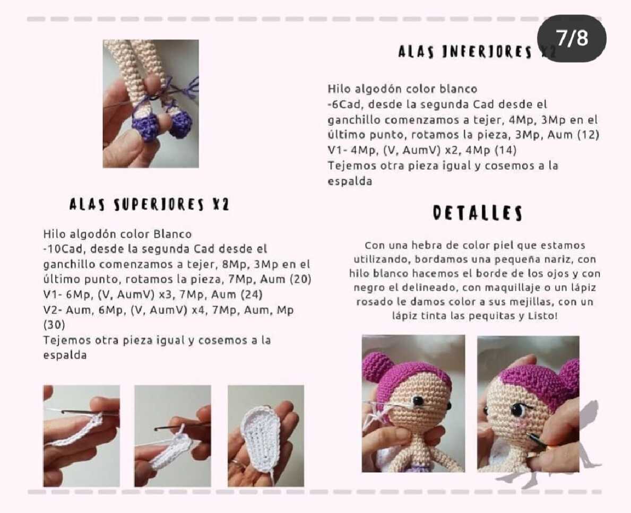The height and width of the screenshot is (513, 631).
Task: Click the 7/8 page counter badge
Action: tap(572, 38)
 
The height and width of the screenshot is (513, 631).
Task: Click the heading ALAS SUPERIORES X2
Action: tap(149, 204)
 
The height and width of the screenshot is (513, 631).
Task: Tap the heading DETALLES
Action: tap(478, 213)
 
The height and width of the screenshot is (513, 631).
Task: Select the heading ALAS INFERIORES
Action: tap(465, 52)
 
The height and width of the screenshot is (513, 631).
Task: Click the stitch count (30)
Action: tap(54, 325)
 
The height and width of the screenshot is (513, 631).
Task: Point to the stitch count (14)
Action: tap(505, 150)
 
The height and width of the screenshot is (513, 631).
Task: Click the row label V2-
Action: tap(53, 310)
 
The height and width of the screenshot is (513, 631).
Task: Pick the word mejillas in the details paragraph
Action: tap(532, 302)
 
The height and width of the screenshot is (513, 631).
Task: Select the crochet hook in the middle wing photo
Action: tap(181, 425)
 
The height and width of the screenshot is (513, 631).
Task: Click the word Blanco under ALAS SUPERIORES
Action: tap(172, 234)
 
